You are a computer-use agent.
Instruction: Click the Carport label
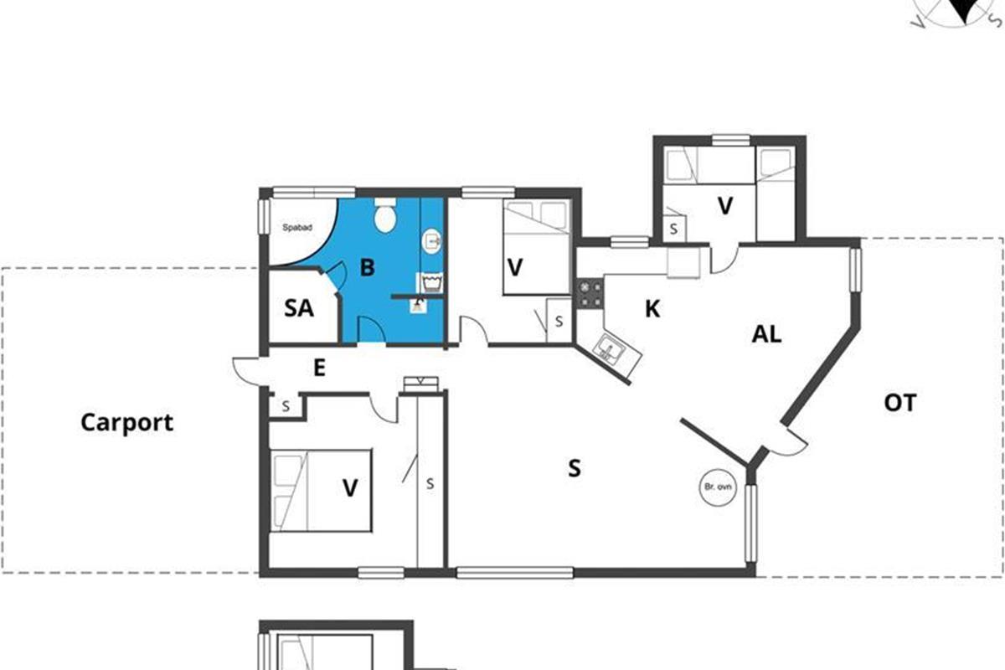[127, 423]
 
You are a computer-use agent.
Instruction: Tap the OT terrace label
[899, 403]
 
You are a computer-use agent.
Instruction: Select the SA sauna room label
[299, 308]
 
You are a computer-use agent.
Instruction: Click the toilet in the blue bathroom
[385, 215]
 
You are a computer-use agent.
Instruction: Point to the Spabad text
[297, 228]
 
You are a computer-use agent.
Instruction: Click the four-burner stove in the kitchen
[590, 293]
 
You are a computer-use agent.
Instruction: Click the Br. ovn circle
[718, 487]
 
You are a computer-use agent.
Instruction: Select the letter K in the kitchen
[652, 309]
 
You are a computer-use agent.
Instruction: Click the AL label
[767, 334]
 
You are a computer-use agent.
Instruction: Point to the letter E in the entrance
[319, 368]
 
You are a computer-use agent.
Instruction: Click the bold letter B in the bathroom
[367, 267]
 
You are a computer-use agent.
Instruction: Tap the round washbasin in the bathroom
[431, 241]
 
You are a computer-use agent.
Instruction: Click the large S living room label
[575, 468]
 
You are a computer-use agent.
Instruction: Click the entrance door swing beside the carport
[247, 371]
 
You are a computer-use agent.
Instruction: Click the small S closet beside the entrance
[286, 406]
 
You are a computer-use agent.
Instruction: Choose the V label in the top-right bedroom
[725, 206]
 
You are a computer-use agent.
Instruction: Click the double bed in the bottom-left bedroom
[320, 491]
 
